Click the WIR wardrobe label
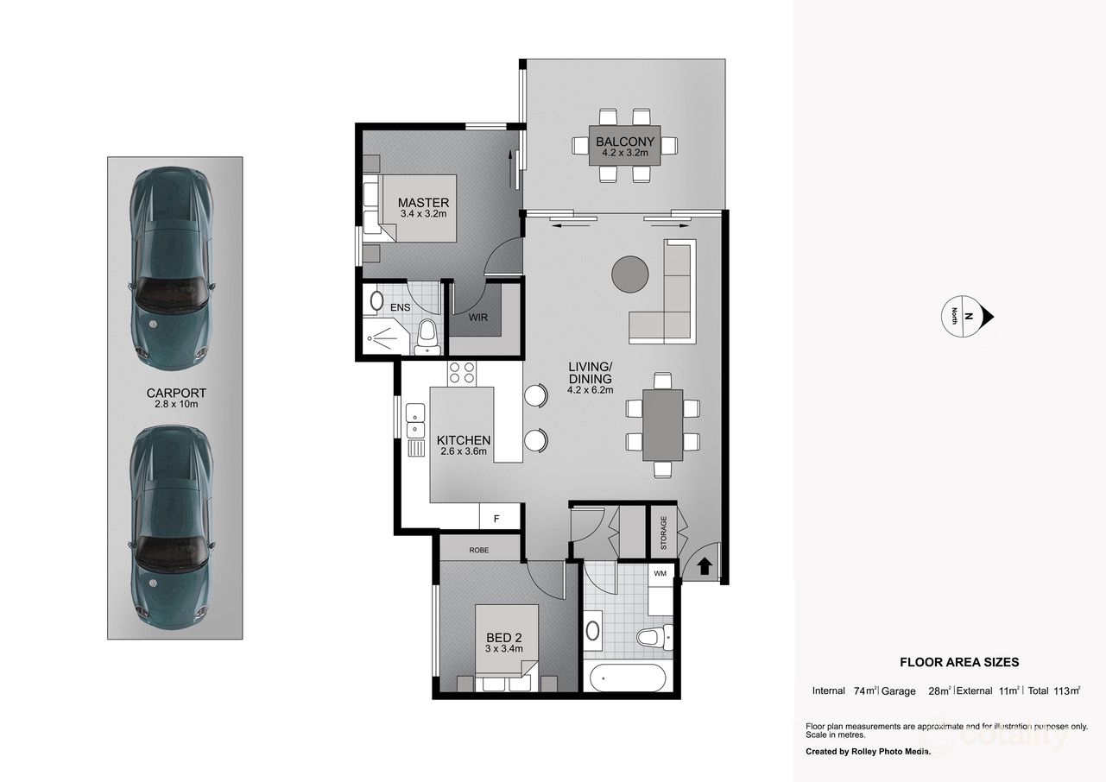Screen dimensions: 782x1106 [478, 318]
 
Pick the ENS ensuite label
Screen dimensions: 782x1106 [400, 307]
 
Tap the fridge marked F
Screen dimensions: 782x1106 [496, 519]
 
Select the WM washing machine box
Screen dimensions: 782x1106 [660, 573]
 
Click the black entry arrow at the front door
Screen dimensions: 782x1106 [704, 566]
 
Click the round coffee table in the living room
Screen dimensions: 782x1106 [630, 274]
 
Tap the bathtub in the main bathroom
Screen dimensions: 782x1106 [625, 678]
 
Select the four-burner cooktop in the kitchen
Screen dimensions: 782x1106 [462, 372]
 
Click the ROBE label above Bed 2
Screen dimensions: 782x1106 [479, 549]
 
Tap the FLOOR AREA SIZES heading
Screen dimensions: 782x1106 [959, 663]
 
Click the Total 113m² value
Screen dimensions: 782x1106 [1054, 691]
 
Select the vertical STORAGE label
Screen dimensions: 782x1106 [664, 533]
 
